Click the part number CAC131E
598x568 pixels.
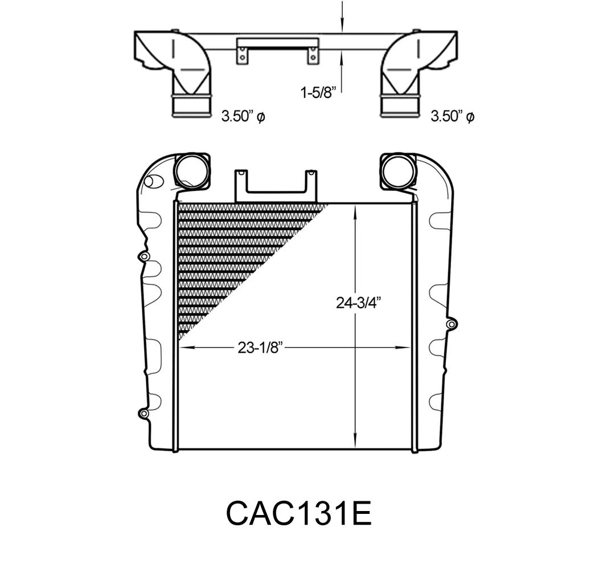click(298, 513)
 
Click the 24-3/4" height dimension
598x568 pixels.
click(359, 303)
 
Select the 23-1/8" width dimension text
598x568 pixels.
click(260, 348)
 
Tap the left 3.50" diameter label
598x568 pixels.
click(243, 116)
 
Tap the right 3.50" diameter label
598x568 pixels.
click(452, 116)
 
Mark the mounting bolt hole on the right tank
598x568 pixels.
click(451, 324)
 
